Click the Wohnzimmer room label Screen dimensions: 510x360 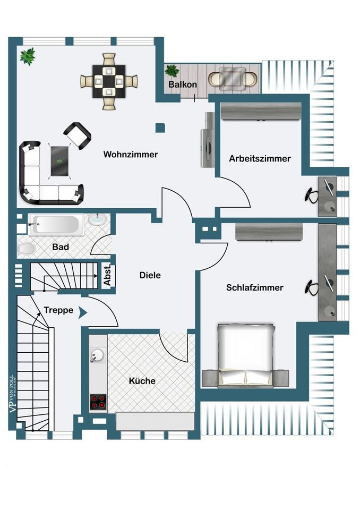[x=131, y=155]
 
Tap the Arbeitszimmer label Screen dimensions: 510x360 [x=260, y=158]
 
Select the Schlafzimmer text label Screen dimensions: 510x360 [x=255, y=287]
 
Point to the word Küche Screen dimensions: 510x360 [x=142, y=380]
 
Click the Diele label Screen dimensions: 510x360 [x=150, y=275]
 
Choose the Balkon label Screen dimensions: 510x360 [x=183, y=84]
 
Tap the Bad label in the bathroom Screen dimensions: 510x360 [x=61, y=247]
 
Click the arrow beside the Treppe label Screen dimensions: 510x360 [x=82, y=312]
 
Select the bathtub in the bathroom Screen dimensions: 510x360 [x=56, y=225]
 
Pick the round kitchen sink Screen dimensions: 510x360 [x=97, y=355]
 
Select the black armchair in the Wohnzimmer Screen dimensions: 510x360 [x=76, y=135]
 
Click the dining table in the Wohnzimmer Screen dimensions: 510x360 [x=109, y=81]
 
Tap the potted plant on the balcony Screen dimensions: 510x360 [x=172, y=71]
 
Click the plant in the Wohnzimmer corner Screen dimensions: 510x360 [x=27, y=55]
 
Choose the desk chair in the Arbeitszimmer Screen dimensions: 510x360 [x=312, y=194]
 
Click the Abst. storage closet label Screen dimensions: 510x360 [x=107, y=275]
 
